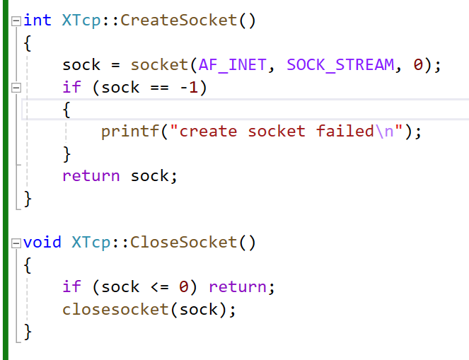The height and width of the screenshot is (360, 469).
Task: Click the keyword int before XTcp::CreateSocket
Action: point(37,20)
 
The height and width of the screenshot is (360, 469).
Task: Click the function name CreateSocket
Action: point(178,20)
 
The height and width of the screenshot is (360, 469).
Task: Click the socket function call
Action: point(159,65)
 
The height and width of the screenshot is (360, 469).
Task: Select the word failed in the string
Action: point(344,132)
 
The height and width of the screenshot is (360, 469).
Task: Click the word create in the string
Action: point(208,132)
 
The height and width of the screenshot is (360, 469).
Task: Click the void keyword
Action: point(42,243)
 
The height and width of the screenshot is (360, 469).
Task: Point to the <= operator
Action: point(159,286)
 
